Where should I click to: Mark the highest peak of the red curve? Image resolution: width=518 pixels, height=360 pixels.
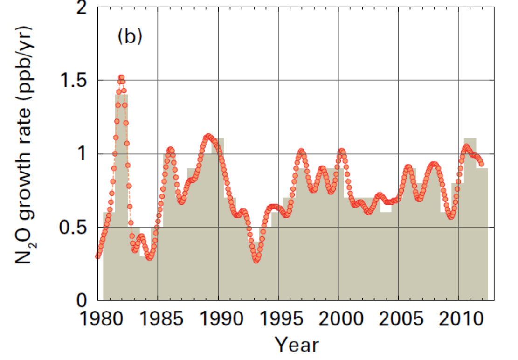pyautogui.click(x=121, y=77)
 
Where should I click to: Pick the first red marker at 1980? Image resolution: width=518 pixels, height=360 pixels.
pyautogui.click(x=98, y=256)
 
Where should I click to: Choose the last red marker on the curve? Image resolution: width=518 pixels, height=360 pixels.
pyautogui.click(x=482, y=164)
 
